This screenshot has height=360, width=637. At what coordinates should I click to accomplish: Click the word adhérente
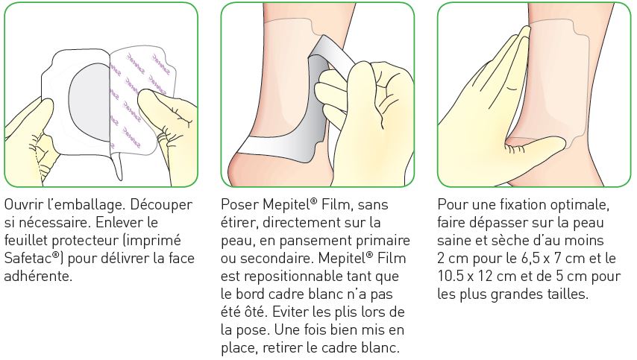click(x=38, y=276)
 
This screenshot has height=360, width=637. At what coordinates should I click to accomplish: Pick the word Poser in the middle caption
click(x=240, y=204)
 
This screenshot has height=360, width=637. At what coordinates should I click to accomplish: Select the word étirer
click(x=239, y=223)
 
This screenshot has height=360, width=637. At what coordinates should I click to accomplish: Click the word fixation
click(x=520, y=204)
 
